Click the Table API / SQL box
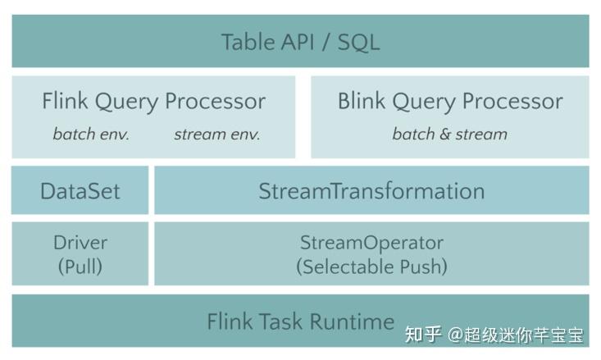pos(300,41)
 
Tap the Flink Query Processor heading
pos(153,102)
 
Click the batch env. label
pos(91,134)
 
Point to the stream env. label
pos(216,134)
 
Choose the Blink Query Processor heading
pos(449,102)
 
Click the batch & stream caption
pos(449,134)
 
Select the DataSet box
pos(80,191)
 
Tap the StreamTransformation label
pos(371,191)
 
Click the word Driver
pos(80,243)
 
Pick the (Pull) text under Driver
pos(80,267)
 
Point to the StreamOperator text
pos(371,243)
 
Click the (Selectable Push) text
pos(371,267)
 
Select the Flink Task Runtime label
pos(300,321)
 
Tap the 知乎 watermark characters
pos(424,335)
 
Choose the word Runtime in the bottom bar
pos(357,321)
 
